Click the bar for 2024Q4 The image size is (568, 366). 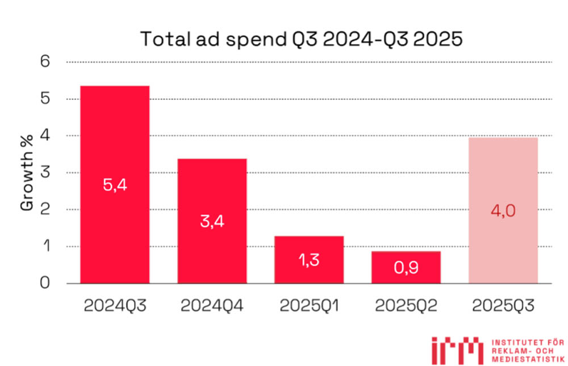pyautogui.click(x=212, y=188)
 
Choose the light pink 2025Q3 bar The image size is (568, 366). pyautogui.click(x=503, y=170)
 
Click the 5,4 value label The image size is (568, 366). pyautogui.click(x=115, y=185)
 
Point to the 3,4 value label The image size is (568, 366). pyautogui.click(x=212, y=222)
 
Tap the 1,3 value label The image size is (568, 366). pyautogui.click(x=309, y=260)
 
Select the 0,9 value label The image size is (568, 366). pyautogui.click(x=406, y=268)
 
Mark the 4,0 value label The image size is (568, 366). pyautogui.click(x=503, y=211)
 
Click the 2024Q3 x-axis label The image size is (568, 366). pyautogui.click(x=115, y=305)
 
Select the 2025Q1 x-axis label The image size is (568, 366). pyautogui.click(x=309, y=305)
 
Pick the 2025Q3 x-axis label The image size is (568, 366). pyautogui.click(x=503, y=305)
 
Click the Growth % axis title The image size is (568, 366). pyautogui.click(x=27, y=172)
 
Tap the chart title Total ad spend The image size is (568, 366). pyautogui.click(x=302, y=40)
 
